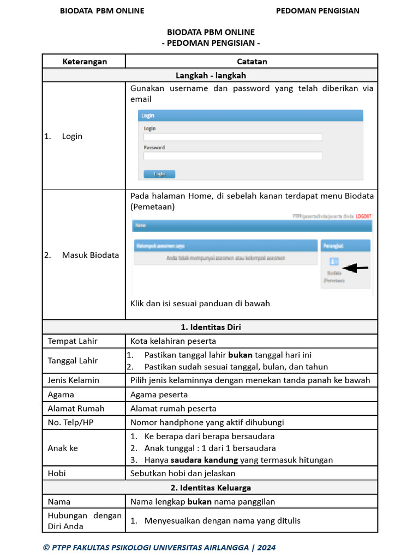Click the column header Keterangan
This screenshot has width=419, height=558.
tap(84, 62)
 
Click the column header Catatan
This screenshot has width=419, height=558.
tap(252, 62)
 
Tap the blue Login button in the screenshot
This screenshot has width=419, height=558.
tap(159, 174)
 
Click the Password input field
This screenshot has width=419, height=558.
tap(232, 156)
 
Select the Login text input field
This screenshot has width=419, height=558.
tap(232, 137)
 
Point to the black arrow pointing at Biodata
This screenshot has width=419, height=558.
tap(355, 268)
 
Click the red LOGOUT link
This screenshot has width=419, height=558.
tap(363, 216)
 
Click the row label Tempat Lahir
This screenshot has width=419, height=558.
tap(73, 341)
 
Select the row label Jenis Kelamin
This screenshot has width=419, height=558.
tap(74, 380)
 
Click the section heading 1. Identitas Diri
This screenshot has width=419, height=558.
tap(211, 327)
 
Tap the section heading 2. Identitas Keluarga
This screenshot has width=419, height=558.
tap(211, 488)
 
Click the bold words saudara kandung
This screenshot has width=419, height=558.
tap(200, 460)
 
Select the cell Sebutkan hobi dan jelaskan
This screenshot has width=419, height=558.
tap(183, 474)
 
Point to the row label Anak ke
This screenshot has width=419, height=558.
tap(63, 448)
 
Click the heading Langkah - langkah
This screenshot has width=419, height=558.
tap(211, 76)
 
